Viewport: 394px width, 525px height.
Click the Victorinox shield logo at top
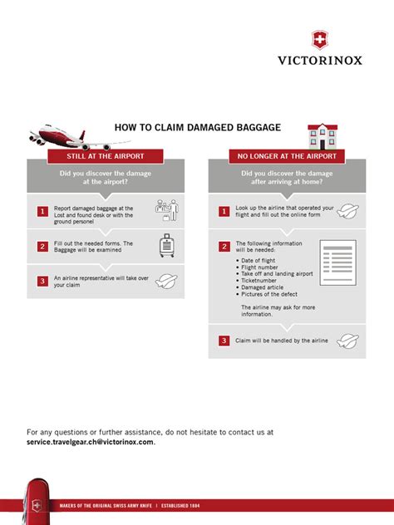[x=319, y=40]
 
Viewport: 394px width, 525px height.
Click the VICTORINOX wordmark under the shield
[x=319, y=60]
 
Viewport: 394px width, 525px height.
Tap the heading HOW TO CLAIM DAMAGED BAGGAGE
[x=197, y=127]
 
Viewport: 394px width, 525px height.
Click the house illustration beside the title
[x=323, y=135]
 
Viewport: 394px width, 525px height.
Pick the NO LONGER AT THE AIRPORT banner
[x=287, y=156]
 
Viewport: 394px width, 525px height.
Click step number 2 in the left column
[x=42, y=246]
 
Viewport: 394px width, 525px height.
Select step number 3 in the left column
[x=42, y=281]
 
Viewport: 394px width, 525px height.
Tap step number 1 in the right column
[x=224, y=212]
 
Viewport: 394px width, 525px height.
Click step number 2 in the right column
[x=224, y=247]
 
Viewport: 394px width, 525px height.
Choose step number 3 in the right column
[x=224, y=341]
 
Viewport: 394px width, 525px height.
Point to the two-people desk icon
[x=167, y=211]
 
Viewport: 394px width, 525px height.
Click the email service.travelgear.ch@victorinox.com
[x=91, y=442]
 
